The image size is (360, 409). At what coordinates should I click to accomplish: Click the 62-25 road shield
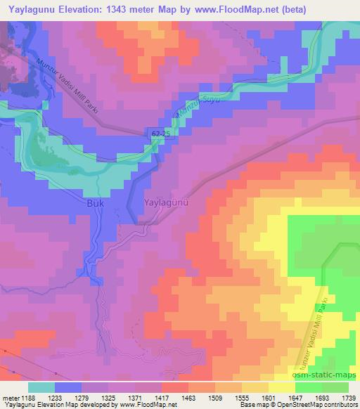(158, 133)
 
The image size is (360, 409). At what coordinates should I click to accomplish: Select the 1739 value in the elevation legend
(345, 397)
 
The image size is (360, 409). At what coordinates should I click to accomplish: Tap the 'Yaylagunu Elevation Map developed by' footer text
(53, 405)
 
